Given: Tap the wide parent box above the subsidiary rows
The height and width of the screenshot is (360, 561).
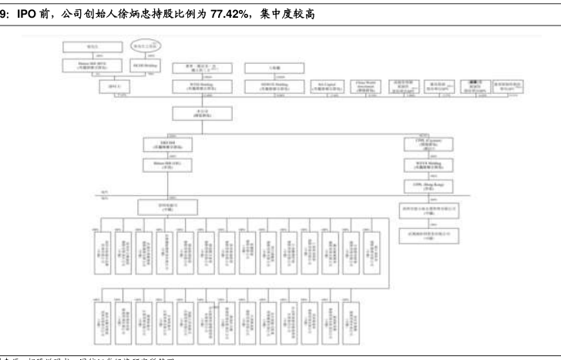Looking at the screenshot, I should click(x=167, y=207).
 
